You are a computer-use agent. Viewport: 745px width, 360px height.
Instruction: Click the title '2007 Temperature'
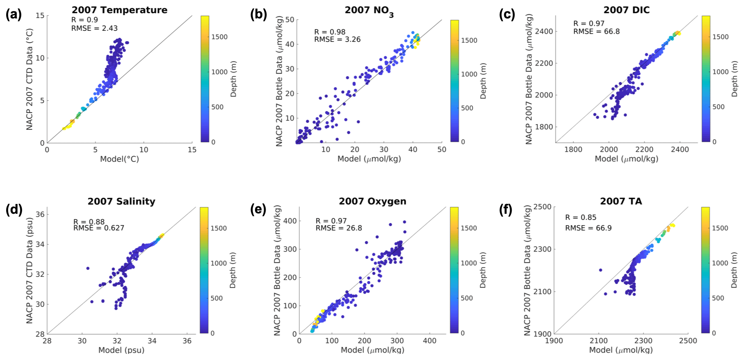[x=120, y=10]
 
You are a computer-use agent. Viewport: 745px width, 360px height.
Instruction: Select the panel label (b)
[x=259, y=15]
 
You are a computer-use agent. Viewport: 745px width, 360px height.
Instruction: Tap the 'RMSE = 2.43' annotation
[x=95, y=28]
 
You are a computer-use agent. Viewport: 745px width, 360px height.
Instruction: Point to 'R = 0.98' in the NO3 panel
[x=330, y=32]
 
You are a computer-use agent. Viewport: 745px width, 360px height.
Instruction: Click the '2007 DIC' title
[x=626, y=10]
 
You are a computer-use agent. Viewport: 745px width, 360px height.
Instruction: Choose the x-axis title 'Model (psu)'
[x=122, y=350]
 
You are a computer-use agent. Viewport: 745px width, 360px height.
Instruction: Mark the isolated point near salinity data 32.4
[x=88, y=268]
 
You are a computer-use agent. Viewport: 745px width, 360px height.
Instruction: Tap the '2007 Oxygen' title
[x=372, y=201]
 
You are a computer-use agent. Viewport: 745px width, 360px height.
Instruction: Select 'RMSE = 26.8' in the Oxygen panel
[x=339, y=228]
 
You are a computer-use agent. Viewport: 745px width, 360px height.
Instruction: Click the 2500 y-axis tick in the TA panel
[x=541, y=207]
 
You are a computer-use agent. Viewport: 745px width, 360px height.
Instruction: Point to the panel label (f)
[x=506, y=209]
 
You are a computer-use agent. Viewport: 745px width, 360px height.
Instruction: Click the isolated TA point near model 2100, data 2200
[x=601, y=270]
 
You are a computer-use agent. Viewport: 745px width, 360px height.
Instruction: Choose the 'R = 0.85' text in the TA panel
[x=581, y=217]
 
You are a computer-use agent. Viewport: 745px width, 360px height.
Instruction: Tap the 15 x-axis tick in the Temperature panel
[x=192, y=150]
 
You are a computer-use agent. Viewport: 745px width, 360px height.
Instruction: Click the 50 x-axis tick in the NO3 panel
[x=442, y=149]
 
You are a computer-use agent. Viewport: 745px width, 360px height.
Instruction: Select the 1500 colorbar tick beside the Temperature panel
[x=219, y=37]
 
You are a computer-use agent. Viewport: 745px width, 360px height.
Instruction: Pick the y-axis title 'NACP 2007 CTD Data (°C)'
[x=29, y=79]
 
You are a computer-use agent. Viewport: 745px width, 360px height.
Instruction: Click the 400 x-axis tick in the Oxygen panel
[x=430, y=341]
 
